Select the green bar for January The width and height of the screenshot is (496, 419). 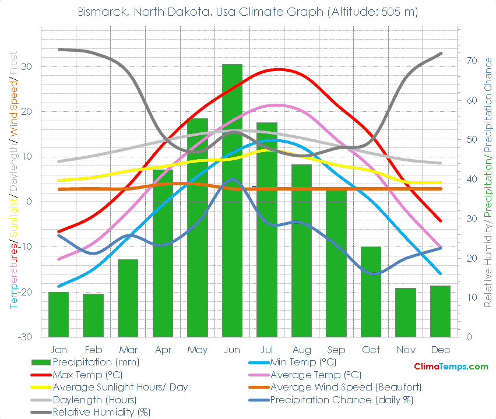pos(58,314)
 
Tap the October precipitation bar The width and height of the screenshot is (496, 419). pos(371,291)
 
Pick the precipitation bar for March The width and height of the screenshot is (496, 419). pos(128,298)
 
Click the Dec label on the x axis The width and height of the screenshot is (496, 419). pos(440,350)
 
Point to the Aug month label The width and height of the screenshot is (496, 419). pos(301,350)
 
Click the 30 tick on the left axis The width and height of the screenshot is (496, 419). pos(28,67)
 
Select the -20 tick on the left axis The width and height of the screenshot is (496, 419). pos(25,292)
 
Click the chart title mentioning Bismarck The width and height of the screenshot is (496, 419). pos(248,12)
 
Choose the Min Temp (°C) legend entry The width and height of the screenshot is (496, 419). pos(303,362)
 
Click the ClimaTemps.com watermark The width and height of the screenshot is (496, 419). pos(451,367)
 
